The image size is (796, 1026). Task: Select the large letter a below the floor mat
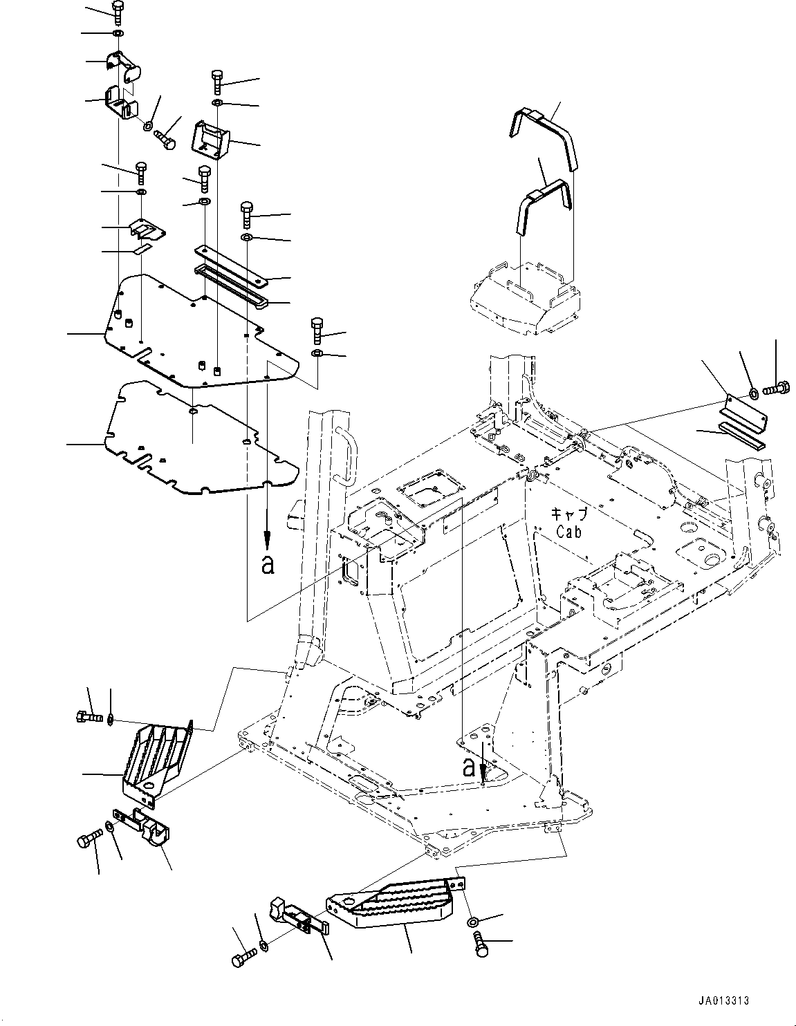pos(268,565)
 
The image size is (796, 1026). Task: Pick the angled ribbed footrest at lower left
pos(156,757)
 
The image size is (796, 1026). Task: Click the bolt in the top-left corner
pos(118,10)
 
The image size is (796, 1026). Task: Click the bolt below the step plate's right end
pos(481,943)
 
